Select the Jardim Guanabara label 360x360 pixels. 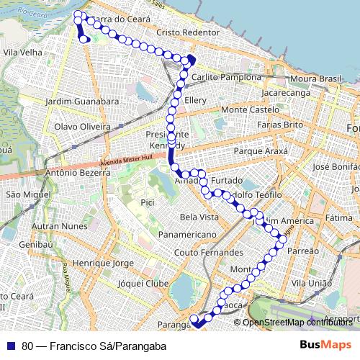[81, 102]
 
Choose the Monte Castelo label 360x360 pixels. [250, 109]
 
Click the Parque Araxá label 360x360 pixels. [261, 152]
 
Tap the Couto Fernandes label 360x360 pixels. [209, 253]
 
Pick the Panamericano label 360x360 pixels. [187, 235]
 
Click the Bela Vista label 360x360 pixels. [199, 217]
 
